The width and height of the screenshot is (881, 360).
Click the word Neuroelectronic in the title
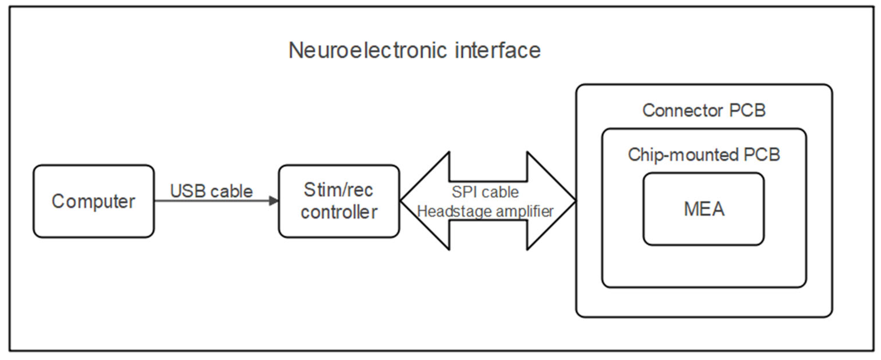367,50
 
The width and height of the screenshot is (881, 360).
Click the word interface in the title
498,50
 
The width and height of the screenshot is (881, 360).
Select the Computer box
93,201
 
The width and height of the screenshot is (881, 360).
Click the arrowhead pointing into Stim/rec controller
274,201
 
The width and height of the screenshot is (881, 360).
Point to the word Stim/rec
338,190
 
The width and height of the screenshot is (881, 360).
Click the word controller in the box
339,212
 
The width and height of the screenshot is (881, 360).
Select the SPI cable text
485,192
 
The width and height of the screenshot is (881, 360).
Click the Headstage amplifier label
485,211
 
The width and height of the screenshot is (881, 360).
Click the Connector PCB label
704,110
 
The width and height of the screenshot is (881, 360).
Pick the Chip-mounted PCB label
704,154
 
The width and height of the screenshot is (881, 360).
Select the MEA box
703,209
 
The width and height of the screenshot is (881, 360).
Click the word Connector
683,110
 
